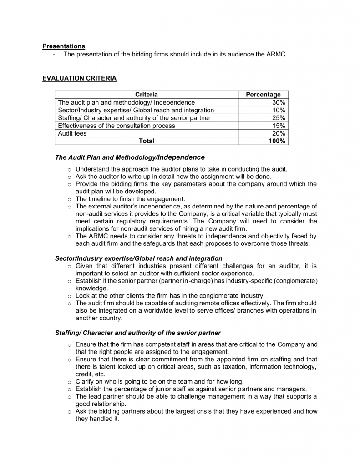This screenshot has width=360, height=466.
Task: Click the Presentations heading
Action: [63, 46]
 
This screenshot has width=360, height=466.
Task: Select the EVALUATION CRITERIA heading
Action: [79, 78]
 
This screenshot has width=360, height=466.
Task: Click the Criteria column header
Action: [146, 95]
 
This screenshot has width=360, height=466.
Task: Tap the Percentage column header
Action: [263, 95]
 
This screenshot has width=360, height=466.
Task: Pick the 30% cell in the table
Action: [279, 102]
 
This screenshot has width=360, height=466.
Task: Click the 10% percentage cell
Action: [279, 110]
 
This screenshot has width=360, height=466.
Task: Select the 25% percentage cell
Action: [279, 118]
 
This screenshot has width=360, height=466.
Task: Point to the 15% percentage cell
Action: [279, 126]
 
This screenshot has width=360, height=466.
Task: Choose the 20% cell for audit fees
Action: [279, 133]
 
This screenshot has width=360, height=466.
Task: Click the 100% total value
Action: [277, 141]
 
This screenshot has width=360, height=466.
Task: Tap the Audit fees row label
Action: [72, 133]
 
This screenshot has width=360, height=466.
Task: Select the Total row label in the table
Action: [146, 141]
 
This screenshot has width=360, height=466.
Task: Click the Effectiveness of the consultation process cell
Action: [117, 126]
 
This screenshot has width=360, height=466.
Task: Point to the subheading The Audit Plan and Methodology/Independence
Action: [130, 157]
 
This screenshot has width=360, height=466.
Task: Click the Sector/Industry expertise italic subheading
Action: [138, 258]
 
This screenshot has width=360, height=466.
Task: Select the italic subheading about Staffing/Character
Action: [138, 333]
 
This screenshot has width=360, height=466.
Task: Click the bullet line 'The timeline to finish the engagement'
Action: [130, 199]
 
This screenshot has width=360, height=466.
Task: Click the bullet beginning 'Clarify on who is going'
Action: [159, 381]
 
